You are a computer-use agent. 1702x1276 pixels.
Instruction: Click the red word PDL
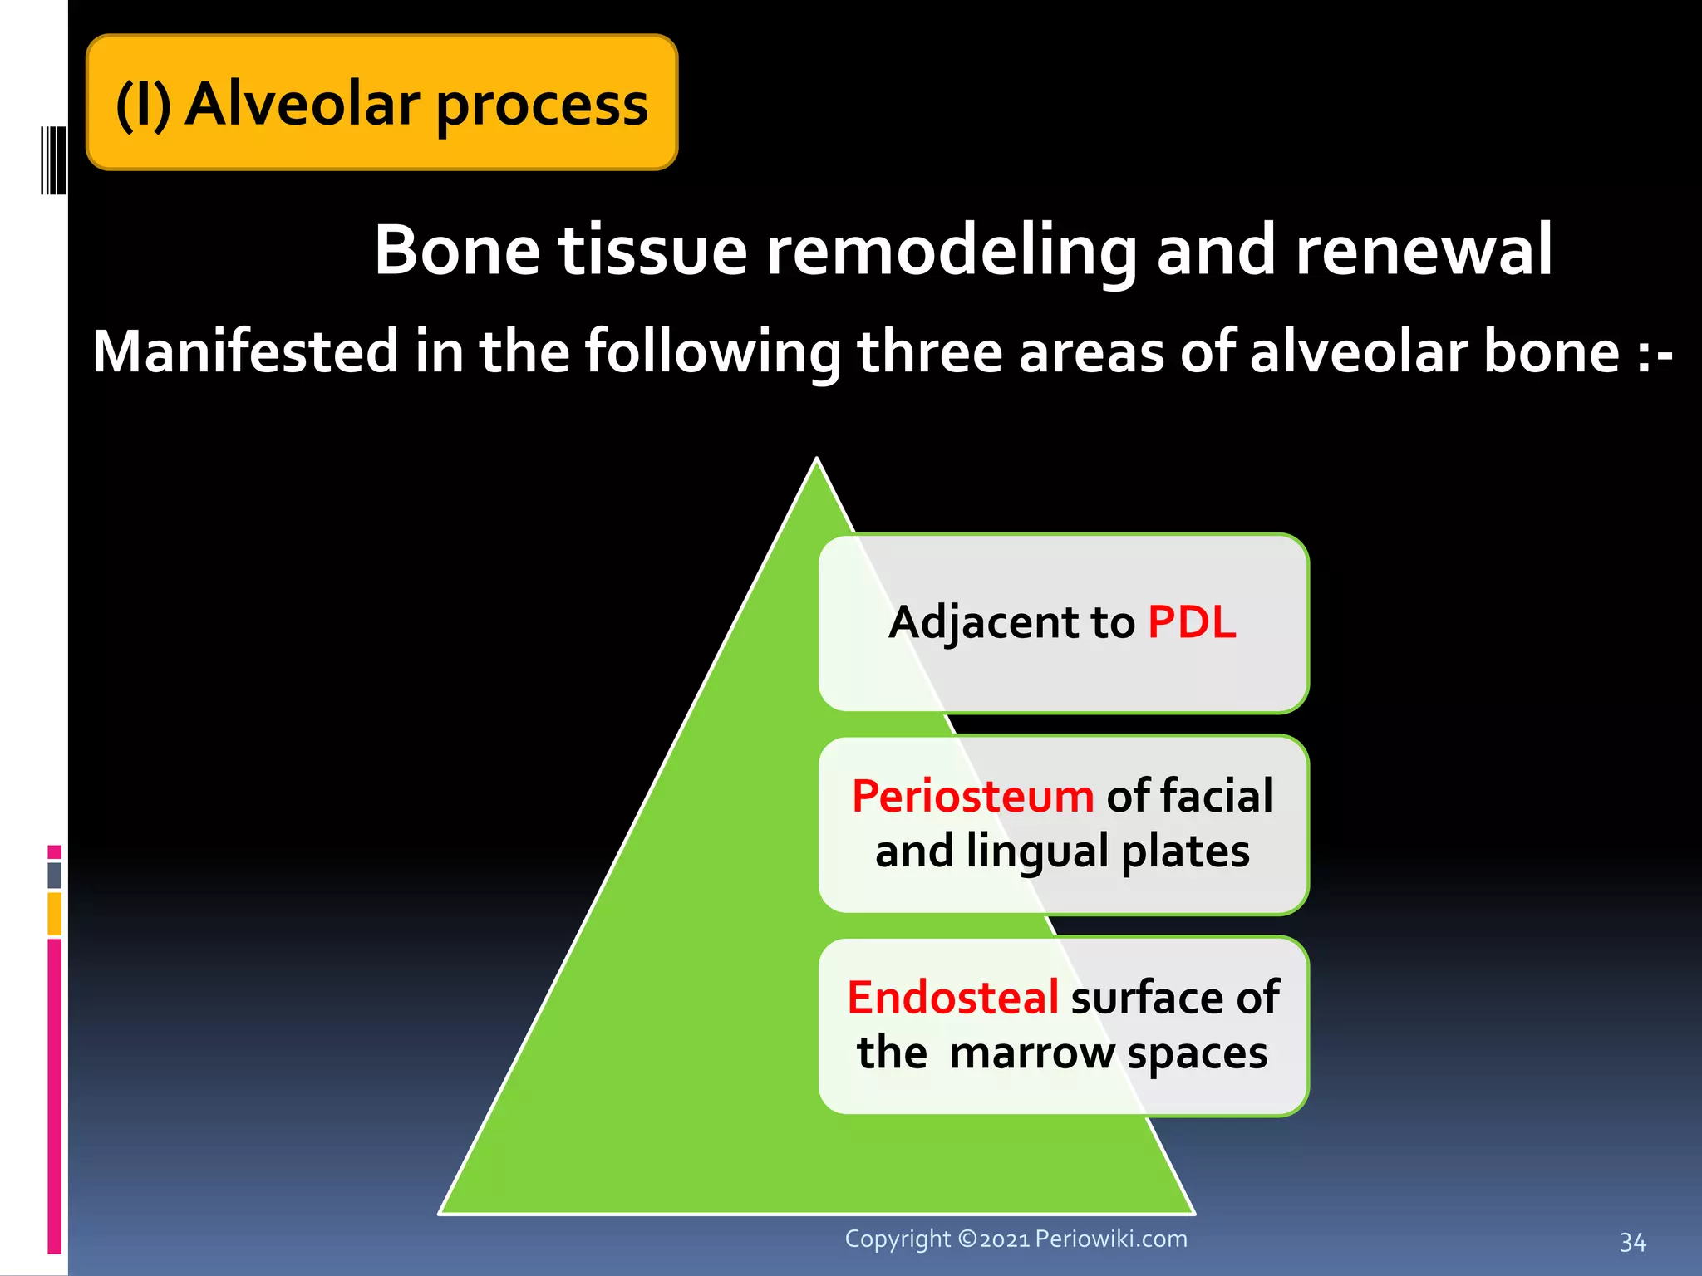coord(1191,622)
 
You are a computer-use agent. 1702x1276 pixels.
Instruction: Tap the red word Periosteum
coord(972,796)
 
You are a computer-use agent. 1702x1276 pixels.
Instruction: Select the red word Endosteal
coord(952,997)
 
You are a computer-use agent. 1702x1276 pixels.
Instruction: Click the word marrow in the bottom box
coord(1031,1053)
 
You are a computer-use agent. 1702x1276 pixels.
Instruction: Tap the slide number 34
coord(1632,1242)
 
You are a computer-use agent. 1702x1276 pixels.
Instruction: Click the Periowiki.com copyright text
coord(1016,1239)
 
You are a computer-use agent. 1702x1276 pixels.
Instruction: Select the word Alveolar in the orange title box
coord(302,105)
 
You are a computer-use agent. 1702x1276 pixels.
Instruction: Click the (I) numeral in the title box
coord(143,105)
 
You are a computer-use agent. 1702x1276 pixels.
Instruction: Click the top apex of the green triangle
coord(817,462)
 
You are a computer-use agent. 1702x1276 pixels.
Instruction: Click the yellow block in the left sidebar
coord(54,914)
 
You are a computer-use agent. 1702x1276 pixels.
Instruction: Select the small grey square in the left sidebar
coord(54,875)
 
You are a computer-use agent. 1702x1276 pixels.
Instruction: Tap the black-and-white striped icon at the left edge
coord(52,159)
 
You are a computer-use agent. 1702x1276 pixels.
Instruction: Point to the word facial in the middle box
coord(1217,796)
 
